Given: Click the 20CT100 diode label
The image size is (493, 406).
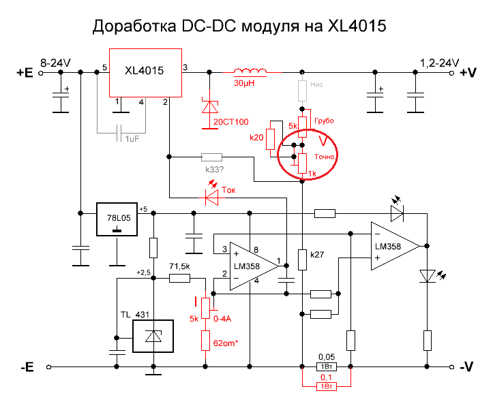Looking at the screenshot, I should pos(231,122).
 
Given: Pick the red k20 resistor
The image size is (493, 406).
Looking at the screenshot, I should pos(271,139).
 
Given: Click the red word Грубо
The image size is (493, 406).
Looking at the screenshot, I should pos(323,120).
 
